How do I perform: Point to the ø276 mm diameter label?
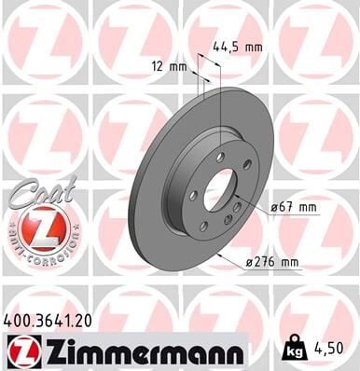278,262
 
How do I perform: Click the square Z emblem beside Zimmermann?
20,352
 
